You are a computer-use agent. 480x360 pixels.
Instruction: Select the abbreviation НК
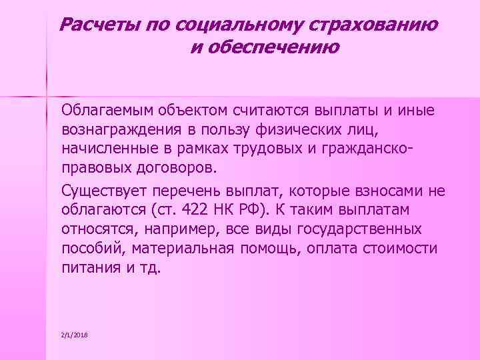(x=222, y=211)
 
